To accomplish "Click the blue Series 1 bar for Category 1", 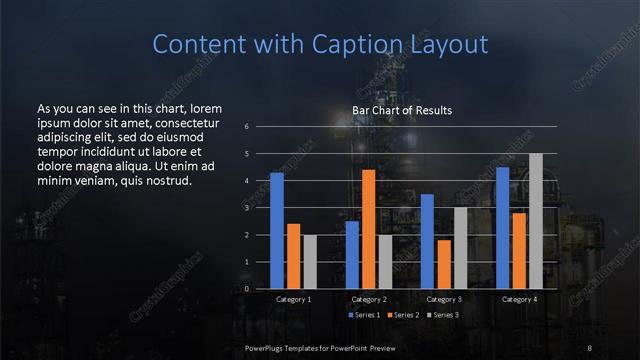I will coord(277,231).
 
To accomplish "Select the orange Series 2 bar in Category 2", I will coord(368,229).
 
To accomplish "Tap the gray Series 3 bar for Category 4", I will coord(535,221).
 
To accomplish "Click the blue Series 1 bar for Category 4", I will coord(502,228).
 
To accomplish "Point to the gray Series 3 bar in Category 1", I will coord(310,262).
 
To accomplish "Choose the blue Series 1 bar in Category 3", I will coord(427,241).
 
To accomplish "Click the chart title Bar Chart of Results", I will coord(402,110).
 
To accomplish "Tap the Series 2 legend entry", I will coord(403,315).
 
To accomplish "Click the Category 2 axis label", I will coord(368,299).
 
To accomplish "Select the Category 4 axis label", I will coord(518,299).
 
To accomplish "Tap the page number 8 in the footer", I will coord(590,347).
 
